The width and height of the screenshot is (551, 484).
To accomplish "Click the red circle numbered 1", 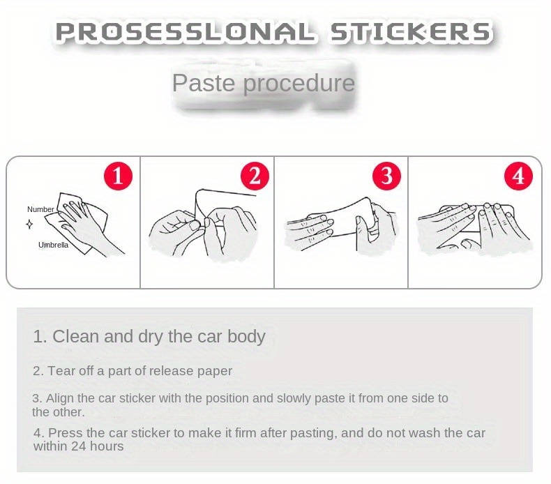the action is (118, 176).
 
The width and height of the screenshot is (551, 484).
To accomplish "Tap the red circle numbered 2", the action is (255, 176).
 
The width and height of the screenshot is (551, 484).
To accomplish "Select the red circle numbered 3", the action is (386, 176).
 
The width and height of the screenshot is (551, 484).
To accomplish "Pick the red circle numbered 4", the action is (518, 176).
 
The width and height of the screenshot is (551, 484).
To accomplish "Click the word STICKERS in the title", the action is (409, 31).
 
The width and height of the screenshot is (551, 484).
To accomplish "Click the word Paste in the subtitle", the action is (204, 83).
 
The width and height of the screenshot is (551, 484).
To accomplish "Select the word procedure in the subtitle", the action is (299, 84).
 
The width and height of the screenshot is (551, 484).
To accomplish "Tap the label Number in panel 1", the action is (40, 209).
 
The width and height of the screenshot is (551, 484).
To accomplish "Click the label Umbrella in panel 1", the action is (53, 245).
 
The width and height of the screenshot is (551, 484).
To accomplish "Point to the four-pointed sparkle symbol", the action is (29, 224).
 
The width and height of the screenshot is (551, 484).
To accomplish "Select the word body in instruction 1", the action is (246, 337).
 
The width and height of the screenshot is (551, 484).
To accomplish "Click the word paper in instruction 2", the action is (215, 372).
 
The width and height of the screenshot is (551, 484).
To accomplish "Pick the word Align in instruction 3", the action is (60, 399).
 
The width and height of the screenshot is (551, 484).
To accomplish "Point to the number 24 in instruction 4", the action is (79, 446).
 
